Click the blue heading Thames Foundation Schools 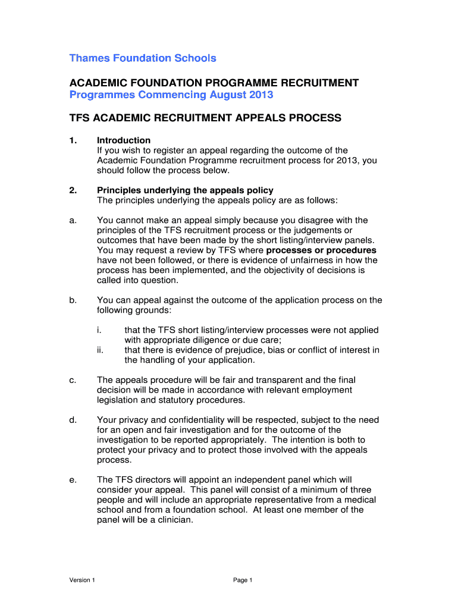pos(143,58)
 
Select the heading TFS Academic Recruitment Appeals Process pos(205,118)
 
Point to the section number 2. pos(73,190)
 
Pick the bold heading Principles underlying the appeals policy pos(185,190)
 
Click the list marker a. pos(72,221)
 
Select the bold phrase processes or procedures pos(321,250)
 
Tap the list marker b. pos(72,300)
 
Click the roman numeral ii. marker pos(101,350)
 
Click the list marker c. pos(72,380)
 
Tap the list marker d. pos(72,420)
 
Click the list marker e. pos(72,480)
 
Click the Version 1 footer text pos(82,580)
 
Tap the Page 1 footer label pos(243,580)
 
